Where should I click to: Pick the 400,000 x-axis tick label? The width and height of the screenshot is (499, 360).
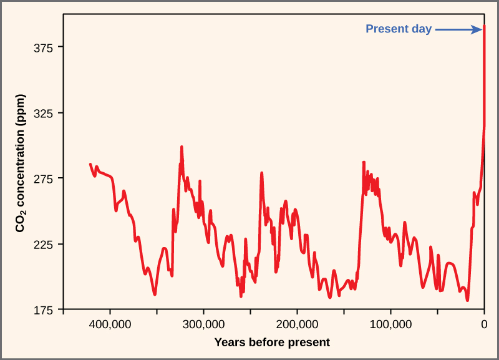click(110, 324)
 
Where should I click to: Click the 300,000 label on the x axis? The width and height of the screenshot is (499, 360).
click(204, 324)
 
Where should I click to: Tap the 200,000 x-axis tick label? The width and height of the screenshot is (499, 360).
click(297, 324)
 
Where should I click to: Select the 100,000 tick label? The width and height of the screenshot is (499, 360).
click(390, 324)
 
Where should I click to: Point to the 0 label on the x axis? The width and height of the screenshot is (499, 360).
click(484, 324)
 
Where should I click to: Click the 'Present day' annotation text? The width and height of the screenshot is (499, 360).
click(399, 29)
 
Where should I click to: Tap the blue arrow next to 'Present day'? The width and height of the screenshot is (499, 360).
click(460, 29)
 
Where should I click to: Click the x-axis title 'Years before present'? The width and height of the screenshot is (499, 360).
click(272, 342)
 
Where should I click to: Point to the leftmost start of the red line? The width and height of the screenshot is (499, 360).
click(90, 164)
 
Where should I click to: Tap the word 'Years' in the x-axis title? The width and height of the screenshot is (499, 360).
click(228, 342)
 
